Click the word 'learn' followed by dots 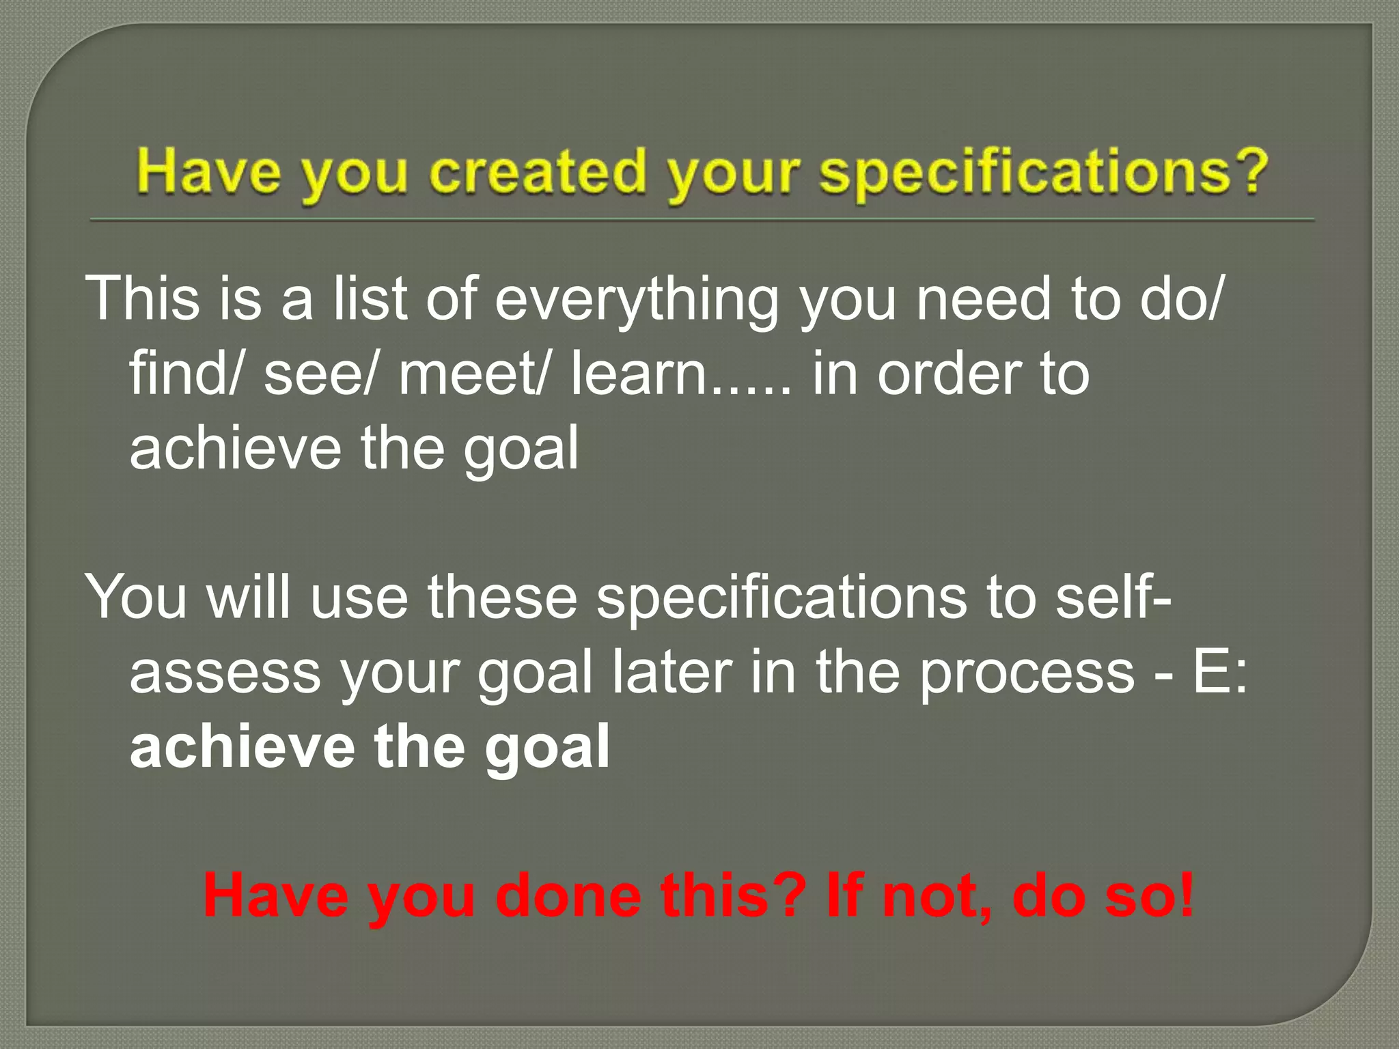(x=639, y=374)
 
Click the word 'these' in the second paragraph (x=502, y=597)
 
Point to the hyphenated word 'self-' (x=1113, y=597)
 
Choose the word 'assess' (x=225, y=673)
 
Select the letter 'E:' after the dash (x=1220, y=673)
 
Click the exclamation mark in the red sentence (x=1186, y=895)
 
